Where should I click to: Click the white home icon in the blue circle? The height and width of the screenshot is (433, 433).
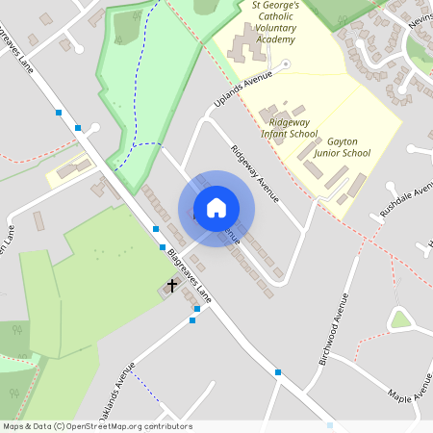[216, 208]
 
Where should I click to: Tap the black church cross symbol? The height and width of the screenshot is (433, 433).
[172, 285]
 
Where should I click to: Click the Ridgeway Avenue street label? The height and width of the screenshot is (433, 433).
[255, 173]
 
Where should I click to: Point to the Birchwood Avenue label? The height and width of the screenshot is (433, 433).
[332, 328]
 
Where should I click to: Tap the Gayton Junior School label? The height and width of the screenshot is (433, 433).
[342, 146]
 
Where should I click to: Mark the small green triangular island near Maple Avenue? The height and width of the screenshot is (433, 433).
[399, 318]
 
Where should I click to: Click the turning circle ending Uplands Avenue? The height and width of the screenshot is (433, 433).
[285, 64]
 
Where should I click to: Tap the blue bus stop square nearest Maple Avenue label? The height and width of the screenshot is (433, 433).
[278, 372]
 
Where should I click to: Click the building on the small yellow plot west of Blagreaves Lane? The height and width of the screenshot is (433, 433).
[67, 171]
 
